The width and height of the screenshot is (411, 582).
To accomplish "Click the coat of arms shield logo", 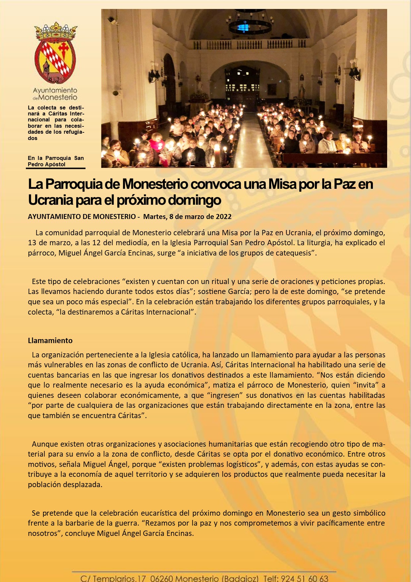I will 55,61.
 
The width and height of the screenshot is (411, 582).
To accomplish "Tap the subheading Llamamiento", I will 50,340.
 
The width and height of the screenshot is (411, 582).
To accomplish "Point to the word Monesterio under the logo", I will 58,98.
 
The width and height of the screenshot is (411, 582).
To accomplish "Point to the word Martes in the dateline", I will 154,217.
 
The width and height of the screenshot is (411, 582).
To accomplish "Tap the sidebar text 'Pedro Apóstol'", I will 46,164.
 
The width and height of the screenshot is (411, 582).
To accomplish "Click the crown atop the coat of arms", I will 55,31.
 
